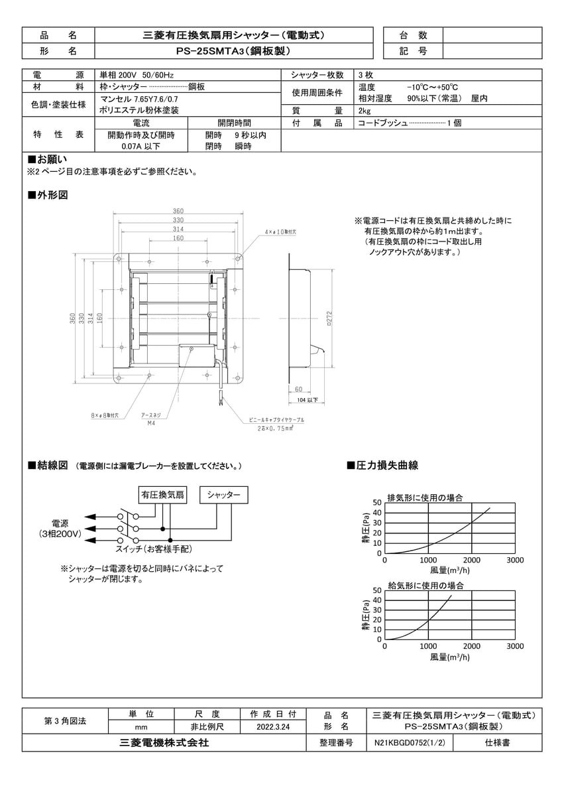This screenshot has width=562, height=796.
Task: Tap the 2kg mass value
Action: click(x=365, y=111)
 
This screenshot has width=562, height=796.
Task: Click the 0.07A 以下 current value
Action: click(x=140, y=147)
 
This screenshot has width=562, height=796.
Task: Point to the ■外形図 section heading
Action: click(x=47, y=195)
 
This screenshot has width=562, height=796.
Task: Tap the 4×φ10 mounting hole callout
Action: click(x=280, y=233)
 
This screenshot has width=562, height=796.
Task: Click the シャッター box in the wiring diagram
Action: click(x=224, y=495)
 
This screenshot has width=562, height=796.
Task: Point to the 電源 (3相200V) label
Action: click(x=60, y=528)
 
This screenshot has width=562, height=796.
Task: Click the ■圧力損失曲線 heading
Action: click(x=382, y=466)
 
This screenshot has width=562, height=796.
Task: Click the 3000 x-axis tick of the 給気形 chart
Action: click(x=514, y=646)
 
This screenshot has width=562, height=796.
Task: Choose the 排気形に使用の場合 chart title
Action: click(x=425, y=497)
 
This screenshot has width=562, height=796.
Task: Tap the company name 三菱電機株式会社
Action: click(x=160, y=744)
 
